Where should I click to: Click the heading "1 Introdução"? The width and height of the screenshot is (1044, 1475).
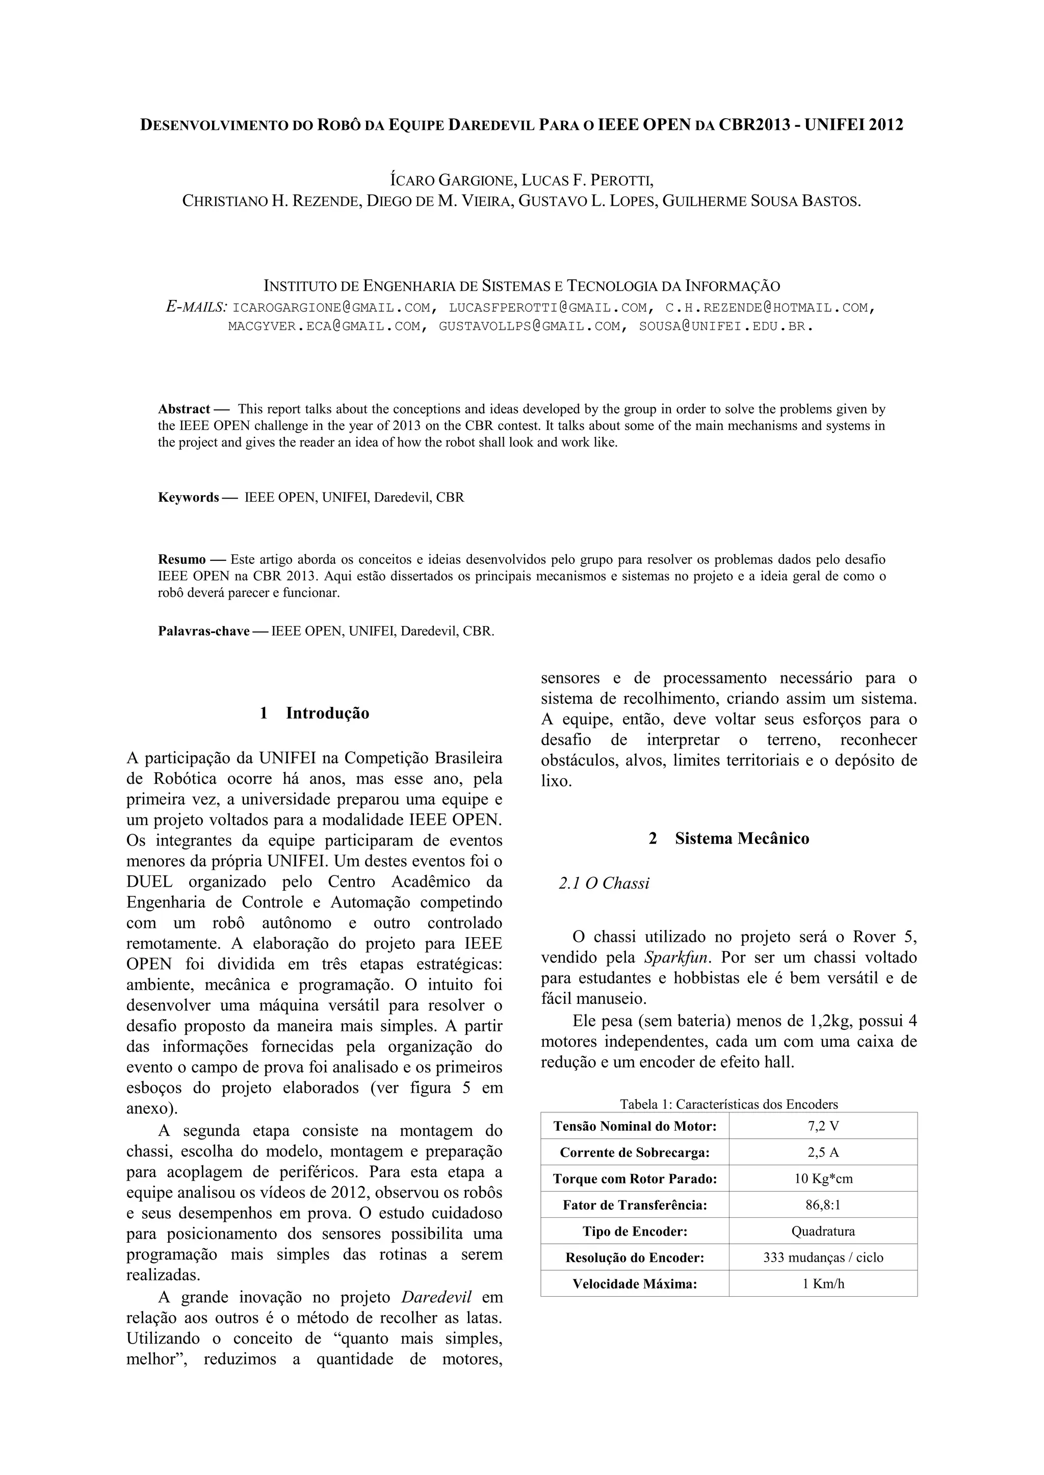[315, 713]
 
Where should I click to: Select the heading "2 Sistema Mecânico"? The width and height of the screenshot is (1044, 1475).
[729, 838]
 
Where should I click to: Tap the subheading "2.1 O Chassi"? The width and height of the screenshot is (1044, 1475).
[604, 883]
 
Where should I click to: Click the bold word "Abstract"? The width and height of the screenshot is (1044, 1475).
[184, 409]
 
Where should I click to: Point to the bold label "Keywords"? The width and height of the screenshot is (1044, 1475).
[188, 497]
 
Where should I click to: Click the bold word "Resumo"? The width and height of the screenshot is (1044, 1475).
[182, 560]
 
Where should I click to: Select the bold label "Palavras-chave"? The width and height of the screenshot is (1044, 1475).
[204, 631]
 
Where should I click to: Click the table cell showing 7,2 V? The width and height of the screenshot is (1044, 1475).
[823, 1126]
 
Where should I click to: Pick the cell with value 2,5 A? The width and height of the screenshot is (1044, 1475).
[823, 1153]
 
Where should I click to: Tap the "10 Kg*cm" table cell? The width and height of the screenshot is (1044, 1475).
[823, 1179]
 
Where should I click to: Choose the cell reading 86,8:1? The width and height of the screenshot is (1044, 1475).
[823, 1205]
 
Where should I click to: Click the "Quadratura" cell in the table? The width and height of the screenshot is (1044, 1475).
[823, 1232]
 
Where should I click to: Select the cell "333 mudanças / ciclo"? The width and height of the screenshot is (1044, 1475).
[823, 1258]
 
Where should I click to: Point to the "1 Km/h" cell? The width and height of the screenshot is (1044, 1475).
[823, 1284]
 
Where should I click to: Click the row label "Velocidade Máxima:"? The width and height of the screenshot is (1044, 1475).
[635, 1284]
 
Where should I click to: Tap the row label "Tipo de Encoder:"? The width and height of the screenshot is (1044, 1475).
[635, 1232]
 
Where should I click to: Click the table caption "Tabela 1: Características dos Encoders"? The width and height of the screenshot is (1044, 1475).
[729, 1104]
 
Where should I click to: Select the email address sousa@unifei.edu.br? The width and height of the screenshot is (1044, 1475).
[725, 326]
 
